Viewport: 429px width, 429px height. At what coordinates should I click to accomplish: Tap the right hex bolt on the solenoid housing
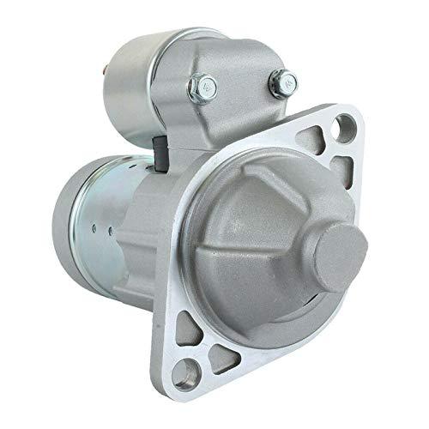click(279, 83)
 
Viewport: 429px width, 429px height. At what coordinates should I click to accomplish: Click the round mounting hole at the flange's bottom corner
click(196, 371)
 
